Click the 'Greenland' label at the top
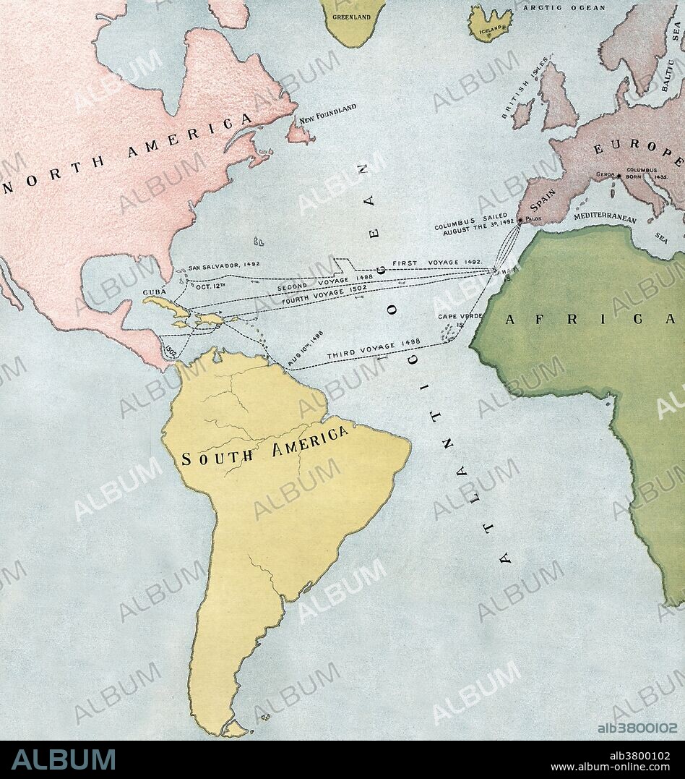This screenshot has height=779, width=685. [351, 16]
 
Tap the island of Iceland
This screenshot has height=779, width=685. [490, 23]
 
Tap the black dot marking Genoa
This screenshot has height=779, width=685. [619, 175]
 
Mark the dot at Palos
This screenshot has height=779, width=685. [520, 219]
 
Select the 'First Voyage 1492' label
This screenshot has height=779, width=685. [437, 263]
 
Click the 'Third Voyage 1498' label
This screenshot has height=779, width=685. [373, 350]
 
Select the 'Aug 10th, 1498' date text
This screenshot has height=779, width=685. [305, 348]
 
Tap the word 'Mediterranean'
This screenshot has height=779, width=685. [606, 216]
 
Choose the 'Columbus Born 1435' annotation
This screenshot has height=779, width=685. [649, 173]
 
